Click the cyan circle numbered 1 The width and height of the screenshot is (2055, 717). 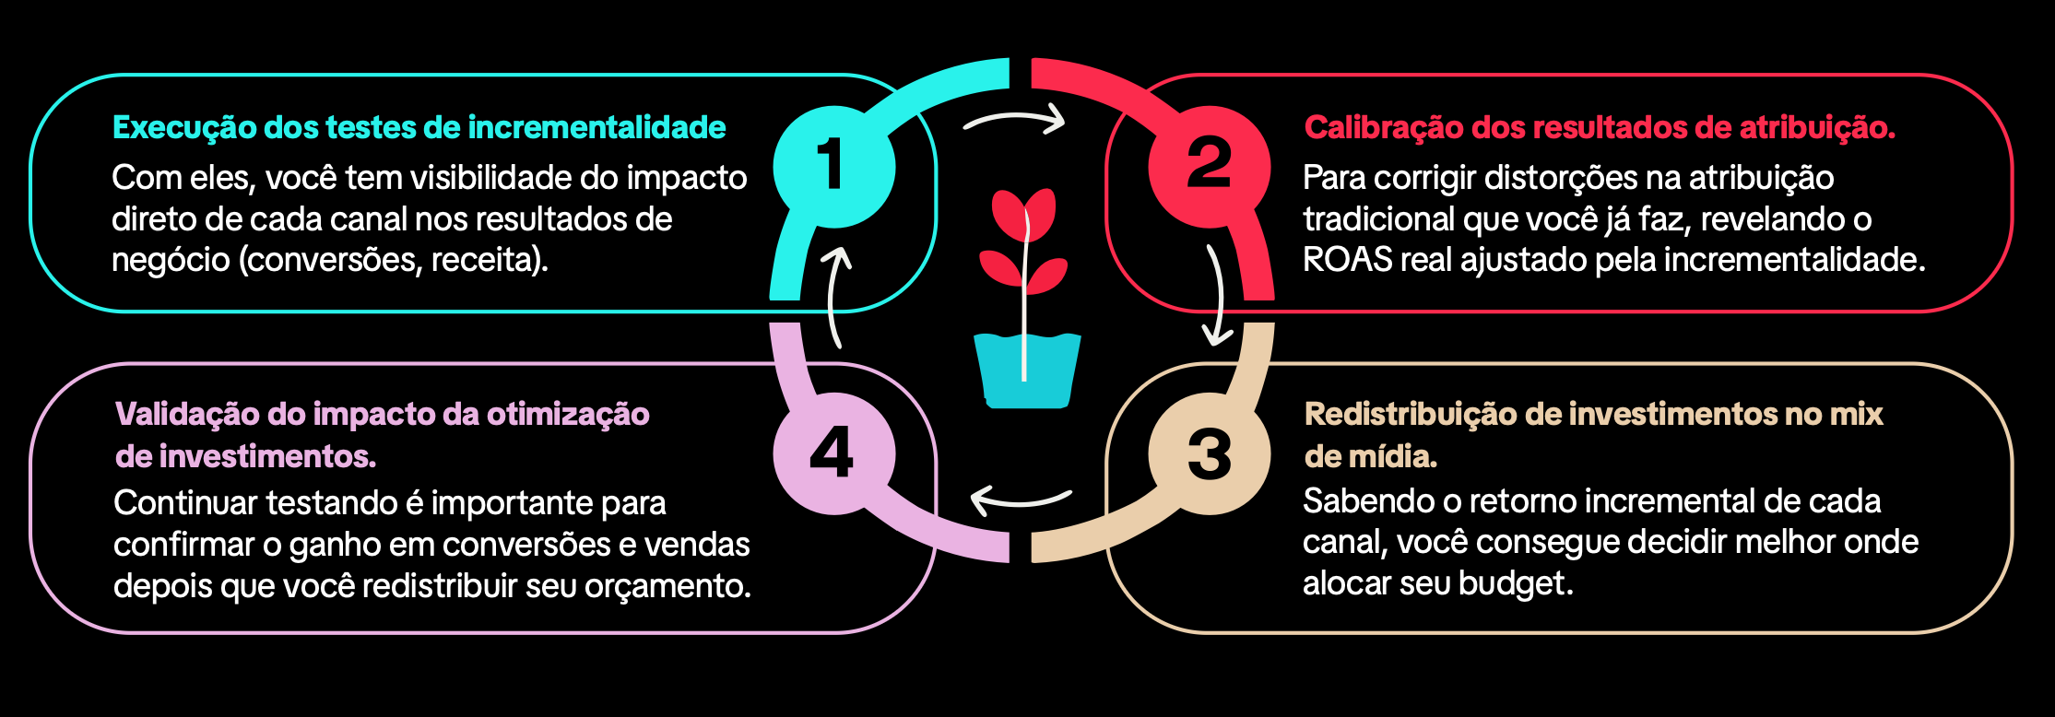pyautogui.click(x=833, y=167)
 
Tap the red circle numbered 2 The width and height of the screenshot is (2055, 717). pyautogui.click(x=1209, y=167)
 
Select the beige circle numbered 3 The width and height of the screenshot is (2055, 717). pyautogui.click(x=1209, y=453)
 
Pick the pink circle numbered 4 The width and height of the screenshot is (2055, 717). pyautogui.click(x=833, y=453)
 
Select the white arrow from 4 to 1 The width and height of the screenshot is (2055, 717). pyautogui.click(x=837, y=295)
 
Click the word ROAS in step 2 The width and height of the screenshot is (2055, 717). pyautogui.click(x=1347, y=260)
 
